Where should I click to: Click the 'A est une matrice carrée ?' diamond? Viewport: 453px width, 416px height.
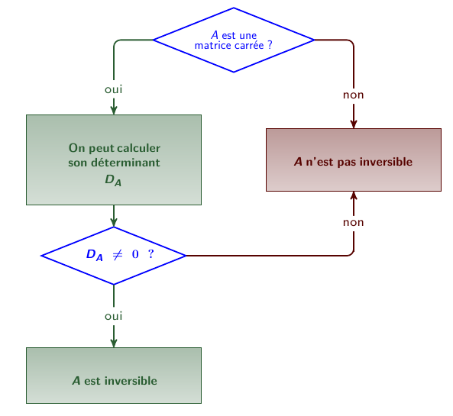point(234,40)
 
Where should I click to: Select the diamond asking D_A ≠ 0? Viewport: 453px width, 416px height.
point(114,256)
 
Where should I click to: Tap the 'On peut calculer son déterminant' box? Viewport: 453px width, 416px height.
point(114,160)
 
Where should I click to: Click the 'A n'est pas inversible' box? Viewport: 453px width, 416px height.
point(354,160)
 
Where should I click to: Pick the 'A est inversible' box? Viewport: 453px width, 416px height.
point(114,376)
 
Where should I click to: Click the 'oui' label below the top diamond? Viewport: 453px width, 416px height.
point(114,89)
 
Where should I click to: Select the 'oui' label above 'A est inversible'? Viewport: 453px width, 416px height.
point(114,316)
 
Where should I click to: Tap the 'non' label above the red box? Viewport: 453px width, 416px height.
point(354,95)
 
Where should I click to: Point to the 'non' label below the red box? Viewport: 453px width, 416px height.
point(354,223)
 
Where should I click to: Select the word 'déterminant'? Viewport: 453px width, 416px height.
point(125,163)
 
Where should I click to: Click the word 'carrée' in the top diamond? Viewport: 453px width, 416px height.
point(249,46)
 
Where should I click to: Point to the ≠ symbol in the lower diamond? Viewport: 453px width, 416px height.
point(118,254)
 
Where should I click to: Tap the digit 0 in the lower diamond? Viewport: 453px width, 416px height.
point(135,254)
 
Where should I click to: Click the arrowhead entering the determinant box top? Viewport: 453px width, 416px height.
point(114,111)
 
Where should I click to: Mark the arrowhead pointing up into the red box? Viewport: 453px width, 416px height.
point(354,195)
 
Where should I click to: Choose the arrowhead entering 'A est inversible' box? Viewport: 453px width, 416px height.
point(114,343)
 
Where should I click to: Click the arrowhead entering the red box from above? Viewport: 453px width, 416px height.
point(354,124)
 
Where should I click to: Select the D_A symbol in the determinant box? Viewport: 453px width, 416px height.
point(113,180)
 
